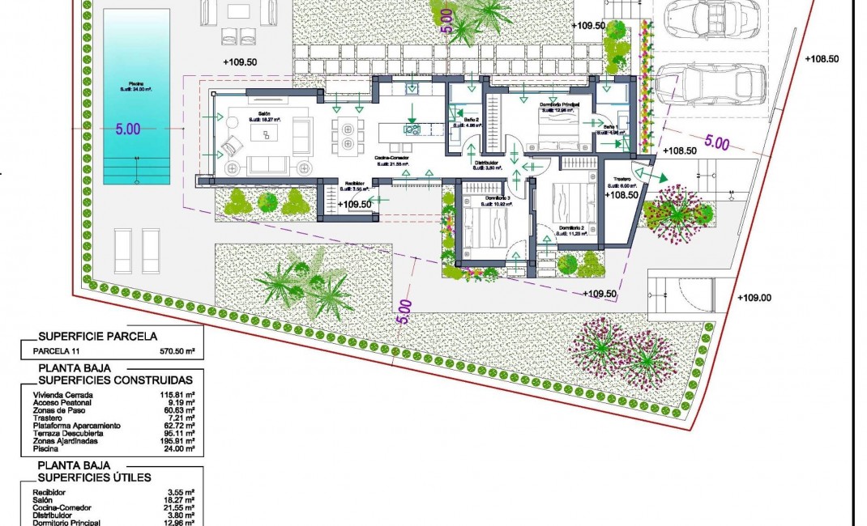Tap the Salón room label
pyautogui.click(x=263, y=114)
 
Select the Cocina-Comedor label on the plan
pyautogui.click(x=394, y=159)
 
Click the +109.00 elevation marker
pyautogui.click(x=754, y=298)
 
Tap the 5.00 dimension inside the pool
pyautogui.click(x=128, y=129)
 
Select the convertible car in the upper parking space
pyautogui.click(x=711, y=18)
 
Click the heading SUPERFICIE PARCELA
pyautogui.click(x=97, y=336)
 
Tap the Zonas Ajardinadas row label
pyautogui.click(x=69, y=440)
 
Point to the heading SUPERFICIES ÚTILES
pyautogui.click(x=95, y=477)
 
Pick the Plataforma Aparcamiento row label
pyautogui.click(x=76, y=425)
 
